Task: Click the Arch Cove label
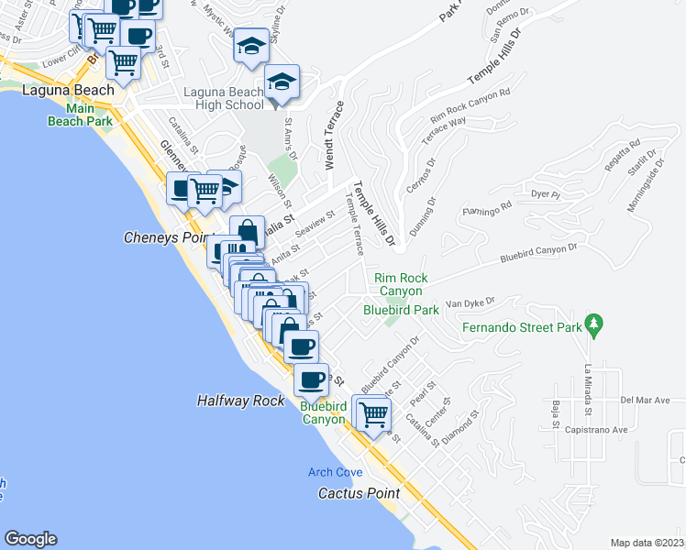pyautogui.click(x=335, y=472)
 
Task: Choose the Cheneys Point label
pyautogui.click(x=163, y=237)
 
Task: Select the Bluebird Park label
pyautogui.click(x=401, y=310)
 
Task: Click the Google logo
pyautogui.click(x=30, y=539)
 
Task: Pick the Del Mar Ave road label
pyautogui.click(x=646, y=401)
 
